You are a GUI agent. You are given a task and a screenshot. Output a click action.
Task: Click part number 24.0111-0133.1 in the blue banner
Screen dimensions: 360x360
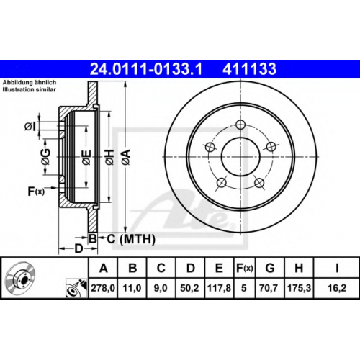point(146,69)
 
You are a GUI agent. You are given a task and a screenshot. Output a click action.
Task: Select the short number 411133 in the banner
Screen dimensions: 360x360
point(249,69)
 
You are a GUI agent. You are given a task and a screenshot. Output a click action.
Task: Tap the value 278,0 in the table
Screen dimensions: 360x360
point(103,288)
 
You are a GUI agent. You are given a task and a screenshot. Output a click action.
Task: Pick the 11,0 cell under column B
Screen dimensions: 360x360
point(132,288)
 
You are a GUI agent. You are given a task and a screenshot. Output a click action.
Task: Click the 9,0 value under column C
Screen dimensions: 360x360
point(161,288)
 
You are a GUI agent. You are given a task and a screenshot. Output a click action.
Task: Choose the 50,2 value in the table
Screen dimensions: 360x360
point(189,288)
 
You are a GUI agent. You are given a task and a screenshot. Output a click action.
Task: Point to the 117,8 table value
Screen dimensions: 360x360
point(219,288)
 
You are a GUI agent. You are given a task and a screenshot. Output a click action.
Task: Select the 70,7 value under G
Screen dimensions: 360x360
point(269,288)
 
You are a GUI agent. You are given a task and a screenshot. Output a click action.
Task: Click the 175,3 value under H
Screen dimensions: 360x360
point(299,288)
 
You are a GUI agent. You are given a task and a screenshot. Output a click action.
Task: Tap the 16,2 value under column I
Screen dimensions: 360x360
point(337,288)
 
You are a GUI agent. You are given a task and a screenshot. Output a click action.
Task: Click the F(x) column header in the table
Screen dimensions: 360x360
point(245,268)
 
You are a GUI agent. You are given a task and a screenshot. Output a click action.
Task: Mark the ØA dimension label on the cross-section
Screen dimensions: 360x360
point(126,157)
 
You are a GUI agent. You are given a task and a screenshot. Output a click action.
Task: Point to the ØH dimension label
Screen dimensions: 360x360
point(110,157)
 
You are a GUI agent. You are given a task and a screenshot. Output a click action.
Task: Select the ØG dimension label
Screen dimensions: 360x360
point(45,157)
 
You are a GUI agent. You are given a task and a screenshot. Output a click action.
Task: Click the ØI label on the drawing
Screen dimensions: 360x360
point(30,127)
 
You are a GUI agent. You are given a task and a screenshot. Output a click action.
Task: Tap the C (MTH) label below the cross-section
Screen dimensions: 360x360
point(131,239)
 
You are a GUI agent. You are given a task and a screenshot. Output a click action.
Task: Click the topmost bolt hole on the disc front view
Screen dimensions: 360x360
point(240,125)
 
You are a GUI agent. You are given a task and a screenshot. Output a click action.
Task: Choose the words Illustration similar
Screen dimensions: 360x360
point(30,90)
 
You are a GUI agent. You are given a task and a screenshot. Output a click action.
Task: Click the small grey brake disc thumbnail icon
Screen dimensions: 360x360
point(21,276)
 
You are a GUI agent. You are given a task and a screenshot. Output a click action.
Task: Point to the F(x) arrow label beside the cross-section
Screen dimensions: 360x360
point(36,192)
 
